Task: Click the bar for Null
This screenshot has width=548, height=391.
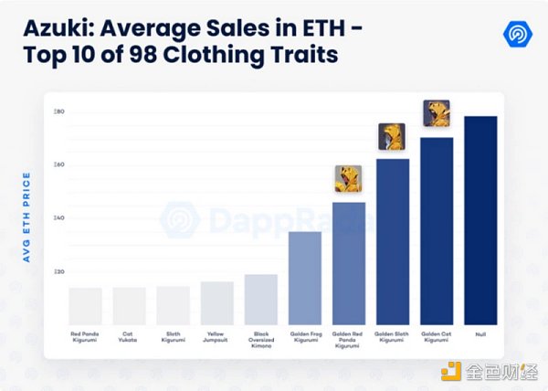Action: (x=480, y=220)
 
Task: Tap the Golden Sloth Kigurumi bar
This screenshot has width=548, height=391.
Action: (x=393, y=241)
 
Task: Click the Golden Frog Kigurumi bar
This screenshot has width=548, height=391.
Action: (x=305, y=278)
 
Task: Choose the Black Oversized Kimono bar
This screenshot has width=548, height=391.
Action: (x=261, y=299)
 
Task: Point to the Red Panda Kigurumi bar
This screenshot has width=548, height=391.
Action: (x=86, y=306)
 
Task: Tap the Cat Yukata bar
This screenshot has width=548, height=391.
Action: (x=130, y=306)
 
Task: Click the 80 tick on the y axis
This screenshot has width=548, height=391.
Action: (x=58, y=111)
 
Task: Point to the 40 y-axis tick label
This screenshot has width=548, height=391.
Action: (x=58, y=218)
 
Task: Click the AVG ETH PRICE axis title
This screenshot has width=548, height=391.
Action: (x=26, y=217)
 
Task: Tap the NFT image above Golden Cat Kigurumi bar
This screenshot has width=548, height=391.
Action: (x=437, y=114)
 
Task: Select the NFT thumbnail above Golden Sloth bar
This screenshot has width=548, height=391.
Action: (x=392, y=137)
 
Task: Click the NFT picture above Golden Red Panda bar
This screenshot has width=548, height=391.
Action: (x=348, y=179)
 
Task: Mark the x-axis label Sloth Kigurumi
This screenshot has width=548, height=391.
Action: (x=174, y=338)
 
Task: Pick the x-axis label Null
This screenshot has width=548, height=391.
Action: (x=480, y=334)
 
